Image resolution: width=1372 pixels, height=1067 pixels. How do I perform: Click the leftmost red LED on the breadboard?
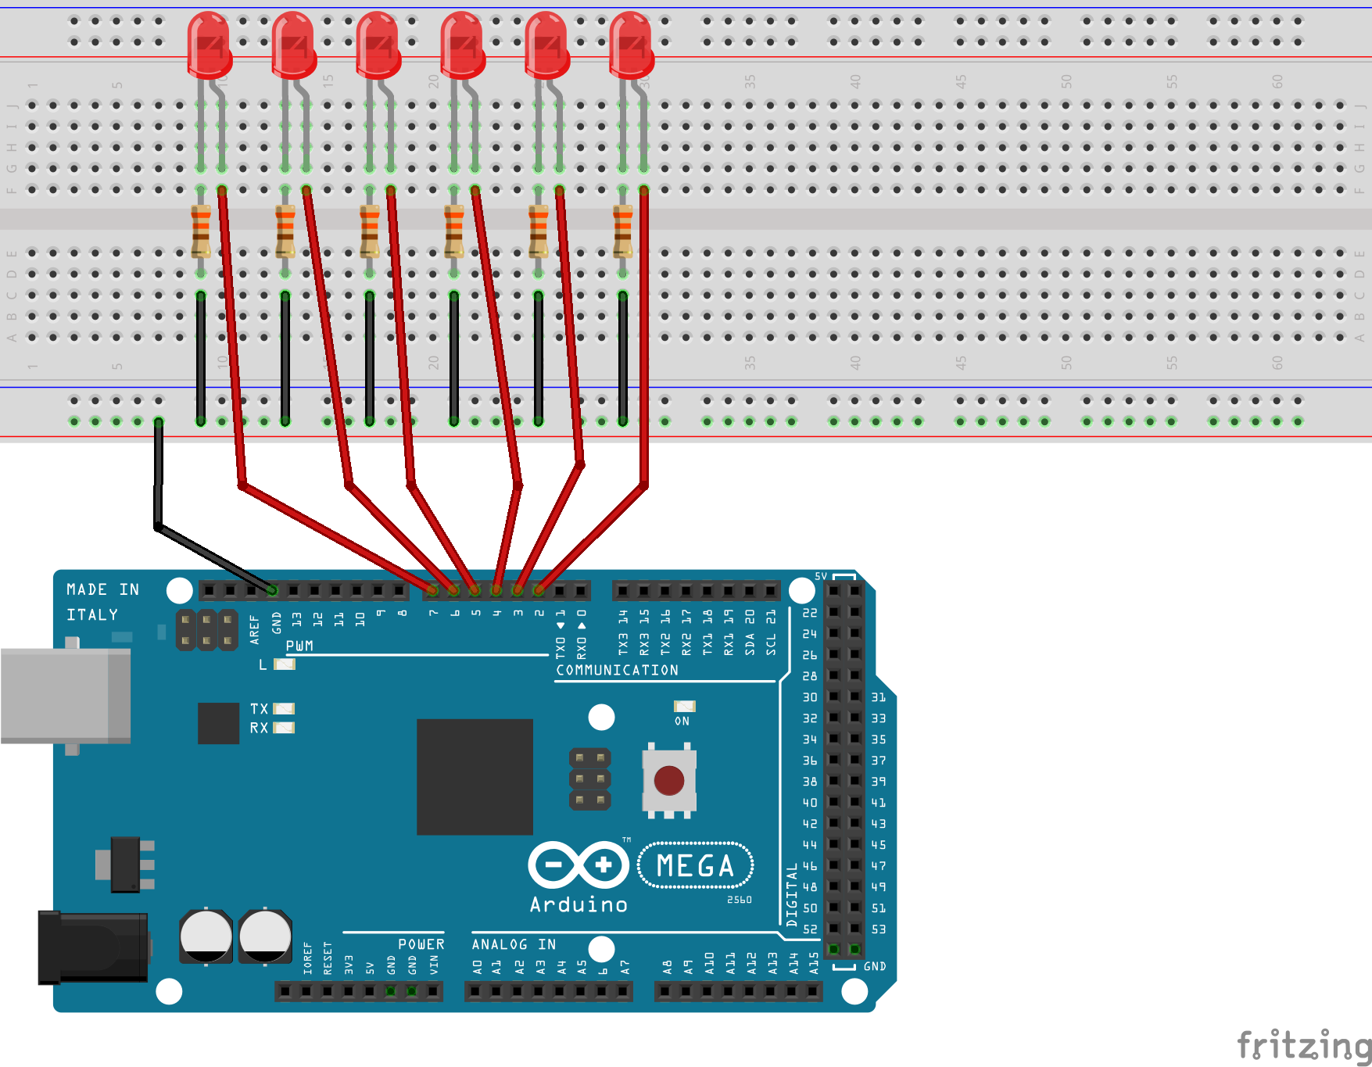point(210,45)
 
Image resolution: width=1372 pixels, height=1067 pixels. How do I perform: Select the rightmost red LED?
point(631,45)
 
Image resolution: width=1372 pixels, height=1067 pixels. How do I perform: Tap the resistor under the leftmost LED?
point(201,231)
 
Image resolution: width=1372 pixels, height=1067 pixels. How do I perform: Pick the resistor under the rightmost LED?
point(623,231)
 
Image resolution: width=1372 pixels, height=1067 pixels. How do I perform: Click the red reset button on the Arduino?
point(669,779)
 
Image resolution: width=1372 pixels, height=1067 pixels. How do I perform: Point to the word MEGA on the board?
point(695,866)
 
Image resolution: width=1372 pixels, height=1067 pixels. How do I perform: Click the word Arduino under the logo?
point(579,905)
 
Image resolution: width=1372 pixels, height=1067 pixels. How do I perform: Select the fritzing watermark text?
point(1303,1045)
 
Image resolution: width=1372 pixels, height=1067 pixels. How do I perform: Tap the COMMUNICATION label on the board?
point(617,671)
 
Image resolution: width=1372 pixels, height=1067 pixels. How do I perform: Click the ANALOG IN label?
point(514,944)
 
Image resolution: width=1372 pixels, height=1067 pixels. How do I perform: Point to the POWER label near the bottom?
point(421,944)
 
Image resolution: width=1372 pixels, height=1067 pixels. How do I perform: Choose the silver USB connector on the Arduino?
point(66,696)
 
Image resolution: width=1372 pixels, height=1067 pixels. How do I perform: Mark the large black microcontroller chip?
point(475,777)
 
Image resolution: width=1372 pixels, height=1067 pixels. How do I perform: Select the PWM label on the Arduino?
point(299,646)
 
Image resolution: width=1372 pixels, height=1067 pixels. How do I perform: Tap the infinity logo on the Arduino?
point(579,865)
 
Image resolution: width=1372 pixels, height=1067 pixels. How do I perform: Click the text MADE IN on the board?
point(102,589)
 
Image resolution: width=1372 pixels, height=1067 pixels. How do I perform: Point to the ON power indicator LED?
point(684,707)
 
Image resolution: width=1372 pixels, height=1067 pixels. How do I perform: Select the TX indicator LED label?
point(259,709)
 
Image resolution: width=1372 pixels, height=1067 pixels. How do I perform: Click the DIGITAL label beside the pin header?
point(792,895)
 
